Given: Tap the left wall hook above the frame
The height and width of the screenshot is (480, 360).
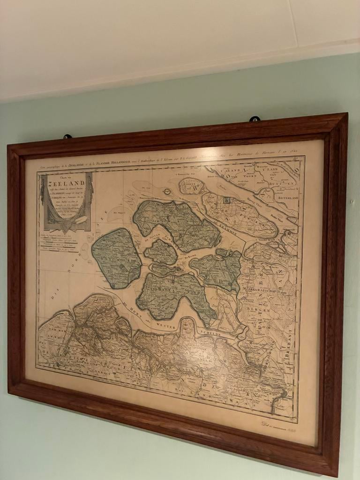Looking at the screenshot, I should click(x=67, y=137).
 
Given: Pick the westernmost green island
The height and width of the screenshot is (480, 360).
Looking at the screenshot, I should click(x=116, y=258).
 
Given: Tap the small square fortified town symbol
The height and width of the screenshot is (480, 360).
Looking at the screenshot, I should click(x=227, y=200).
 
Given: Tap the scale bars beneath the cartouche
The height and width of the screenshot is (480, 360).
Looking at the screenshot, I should click(x=59, y=243).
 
